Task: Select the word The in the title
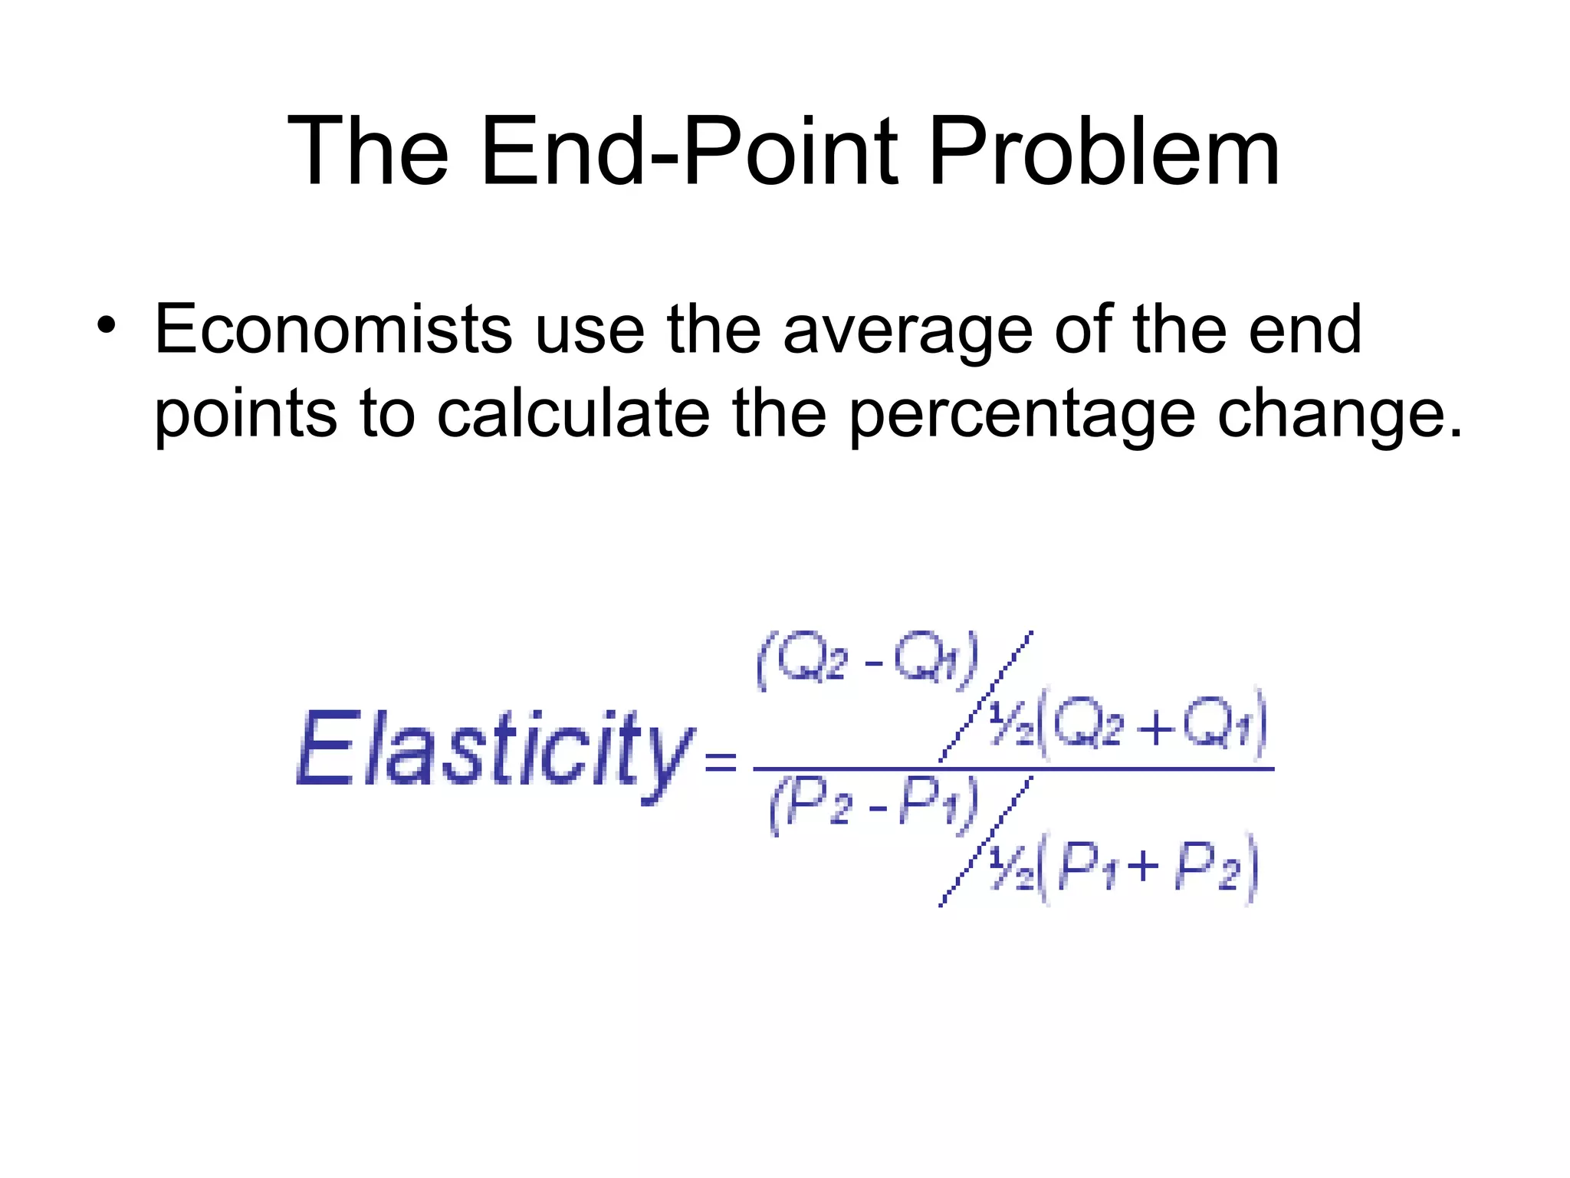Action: tap(368, 151)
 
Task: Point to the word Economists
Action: tap(333, 330)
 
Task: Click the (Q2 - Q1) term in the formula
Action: tap(868, 660)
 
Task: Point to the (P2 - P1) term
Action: tap(874, 805)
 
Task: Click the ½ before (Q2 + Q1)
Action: tap(1010, 725)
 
